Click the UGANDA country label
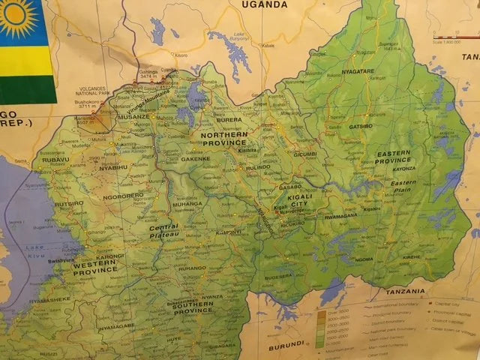click(x=263, y=5)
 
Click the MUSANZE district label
click(x=133, y=117)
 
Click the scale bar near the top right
click(x=454, y=34)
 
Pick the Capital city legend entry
click(x=448, y=303)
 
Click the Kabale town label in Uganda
click(x=268, y=45)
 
